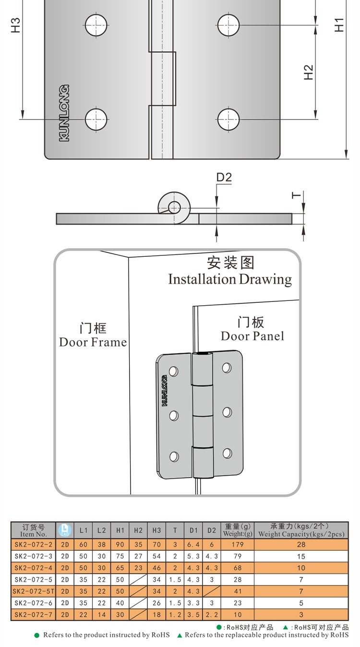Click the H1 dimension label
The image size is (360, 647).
[339, 24]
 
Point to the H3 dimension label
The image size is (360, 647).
[16, 24]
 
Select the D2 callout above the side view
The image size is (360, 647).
[224, 178]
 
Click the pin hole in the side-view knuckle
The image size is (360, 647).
[174, 207]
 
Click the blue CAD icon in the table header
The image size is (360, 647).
[64, 530]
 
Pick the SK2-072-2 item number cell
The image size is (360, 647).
[33, 545]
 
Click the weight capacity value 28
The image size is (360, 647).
[301, 545]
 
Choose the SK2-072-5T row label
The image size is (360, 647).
[33, 591]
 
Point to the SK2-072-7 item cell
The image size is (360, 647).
[33, 614]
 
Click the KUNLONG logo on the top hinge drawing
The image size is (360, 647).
[64, 113]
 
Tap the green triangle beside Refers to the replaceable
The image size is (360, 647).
[180, 635]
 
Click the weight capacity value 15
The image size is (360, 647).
[301, 556]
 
